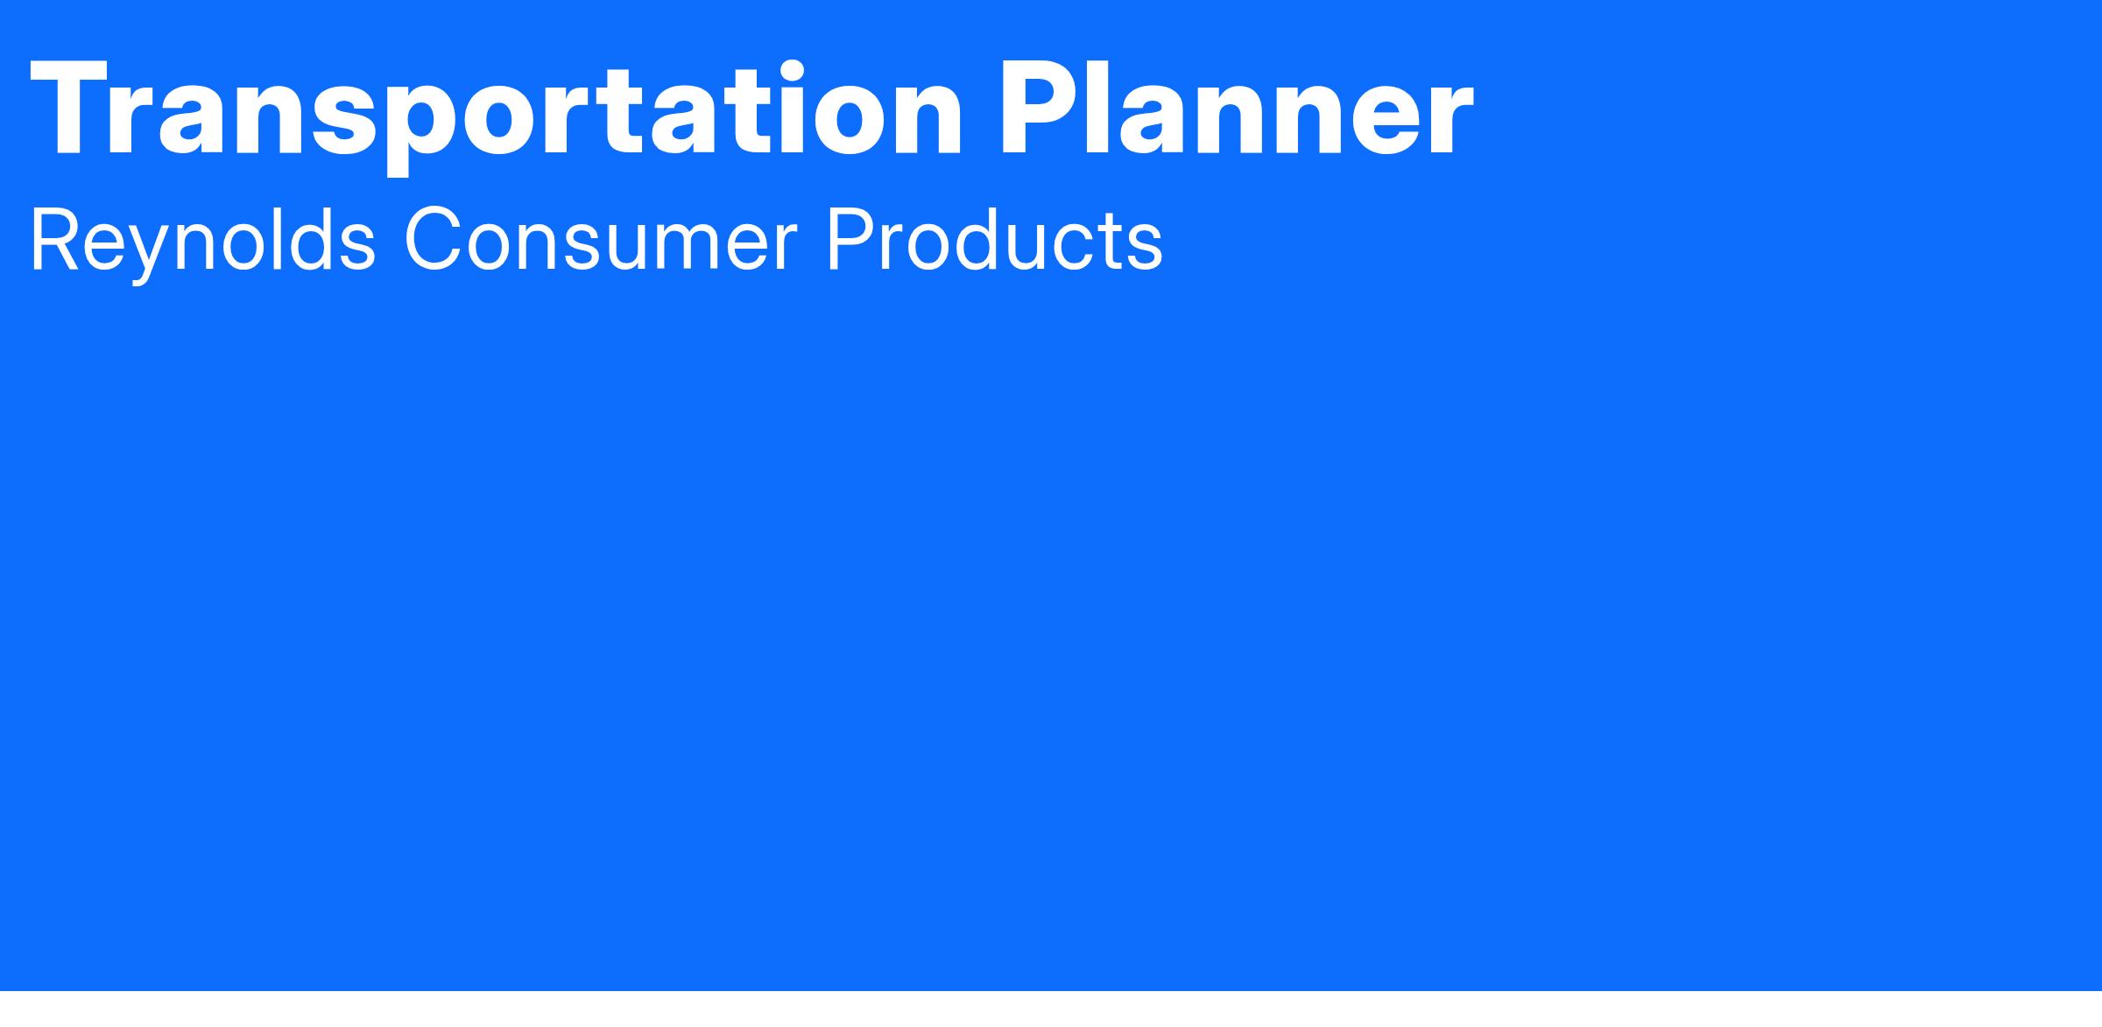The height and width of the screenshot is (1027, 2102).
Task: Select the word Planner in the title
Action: click(1237, 109)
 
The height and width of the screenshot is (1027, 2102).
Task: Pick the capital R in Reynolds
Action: click(57, 241)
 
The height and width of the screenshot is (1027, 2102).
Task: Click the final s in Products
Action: click(1144, 250)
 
